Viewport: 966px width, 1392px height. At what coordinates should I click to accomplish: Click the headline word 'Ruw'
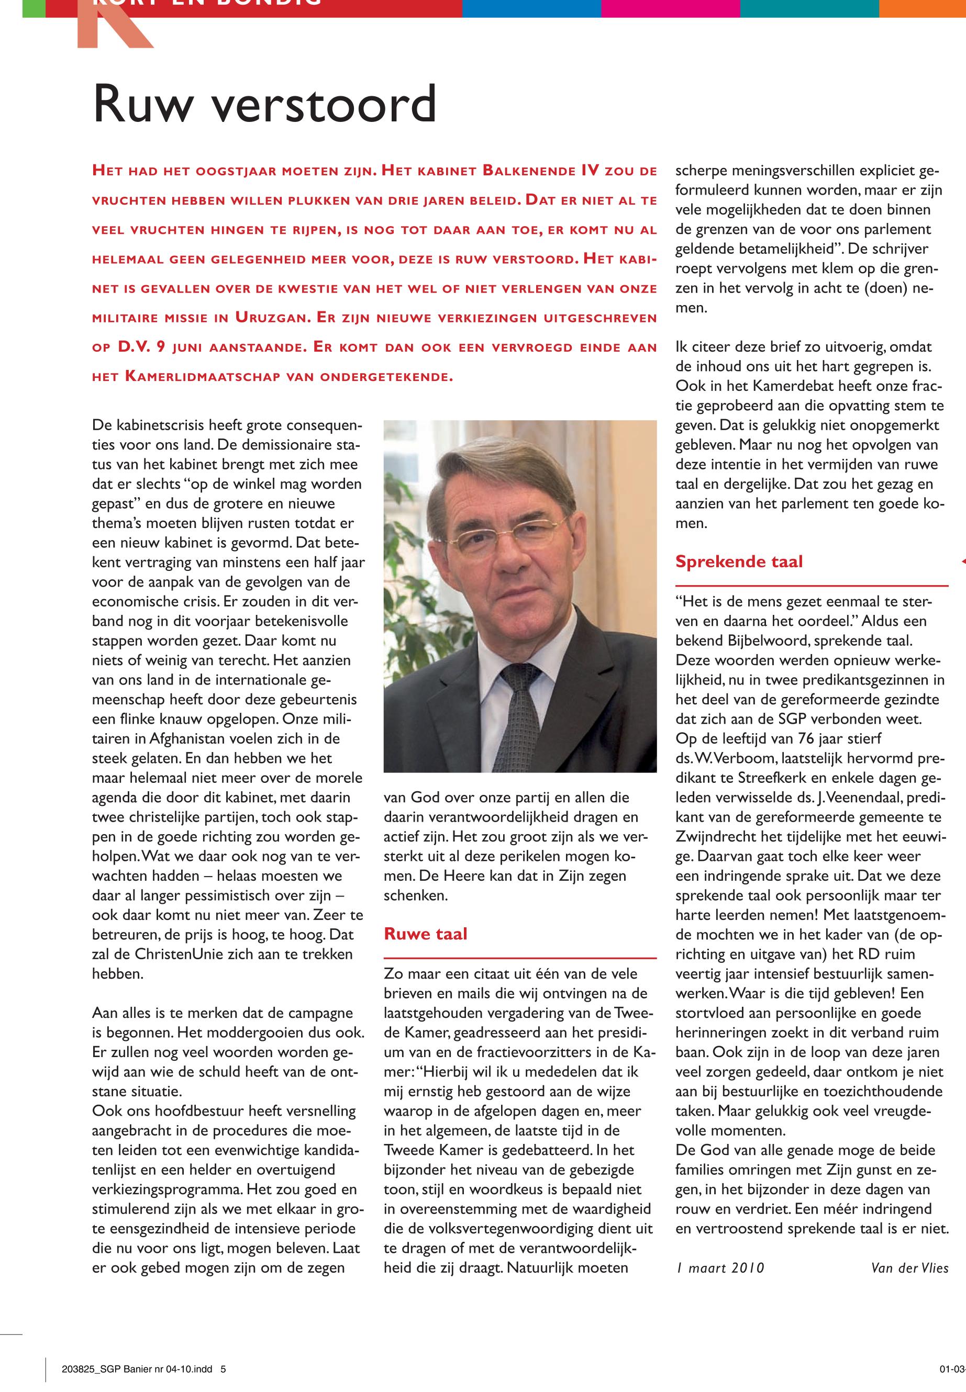pyautogui.click(x=143, y=104)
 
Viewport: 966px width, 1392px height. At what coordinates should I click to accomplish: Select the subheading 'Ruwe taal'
pyautogui.click(x=426, y=934)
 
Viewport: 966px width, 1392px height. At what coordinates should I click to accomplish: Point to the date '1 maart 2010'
pyautogui.click(x=720, y=1268)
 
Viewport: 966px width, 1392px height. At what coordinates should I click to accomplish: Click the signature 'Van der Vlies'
pyautogui.click(x=909, y=1268)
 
